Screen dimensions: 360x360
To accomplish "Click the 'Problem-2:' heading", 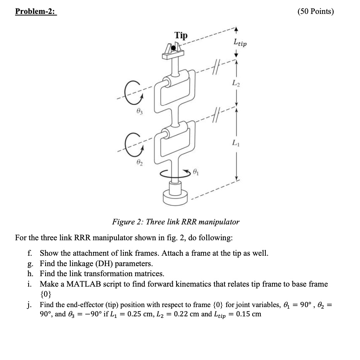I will coord(36,11).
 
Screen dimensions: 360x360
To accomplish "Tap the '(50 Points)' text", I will coord(316,11).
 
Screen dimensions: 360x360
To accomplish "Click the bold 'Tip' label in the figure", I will coord(181,36).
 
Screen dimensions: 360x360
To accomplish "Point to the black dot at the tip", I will coord(174,48).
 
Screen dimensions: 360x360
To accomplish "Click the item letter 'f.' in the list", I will coord(30,254).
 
